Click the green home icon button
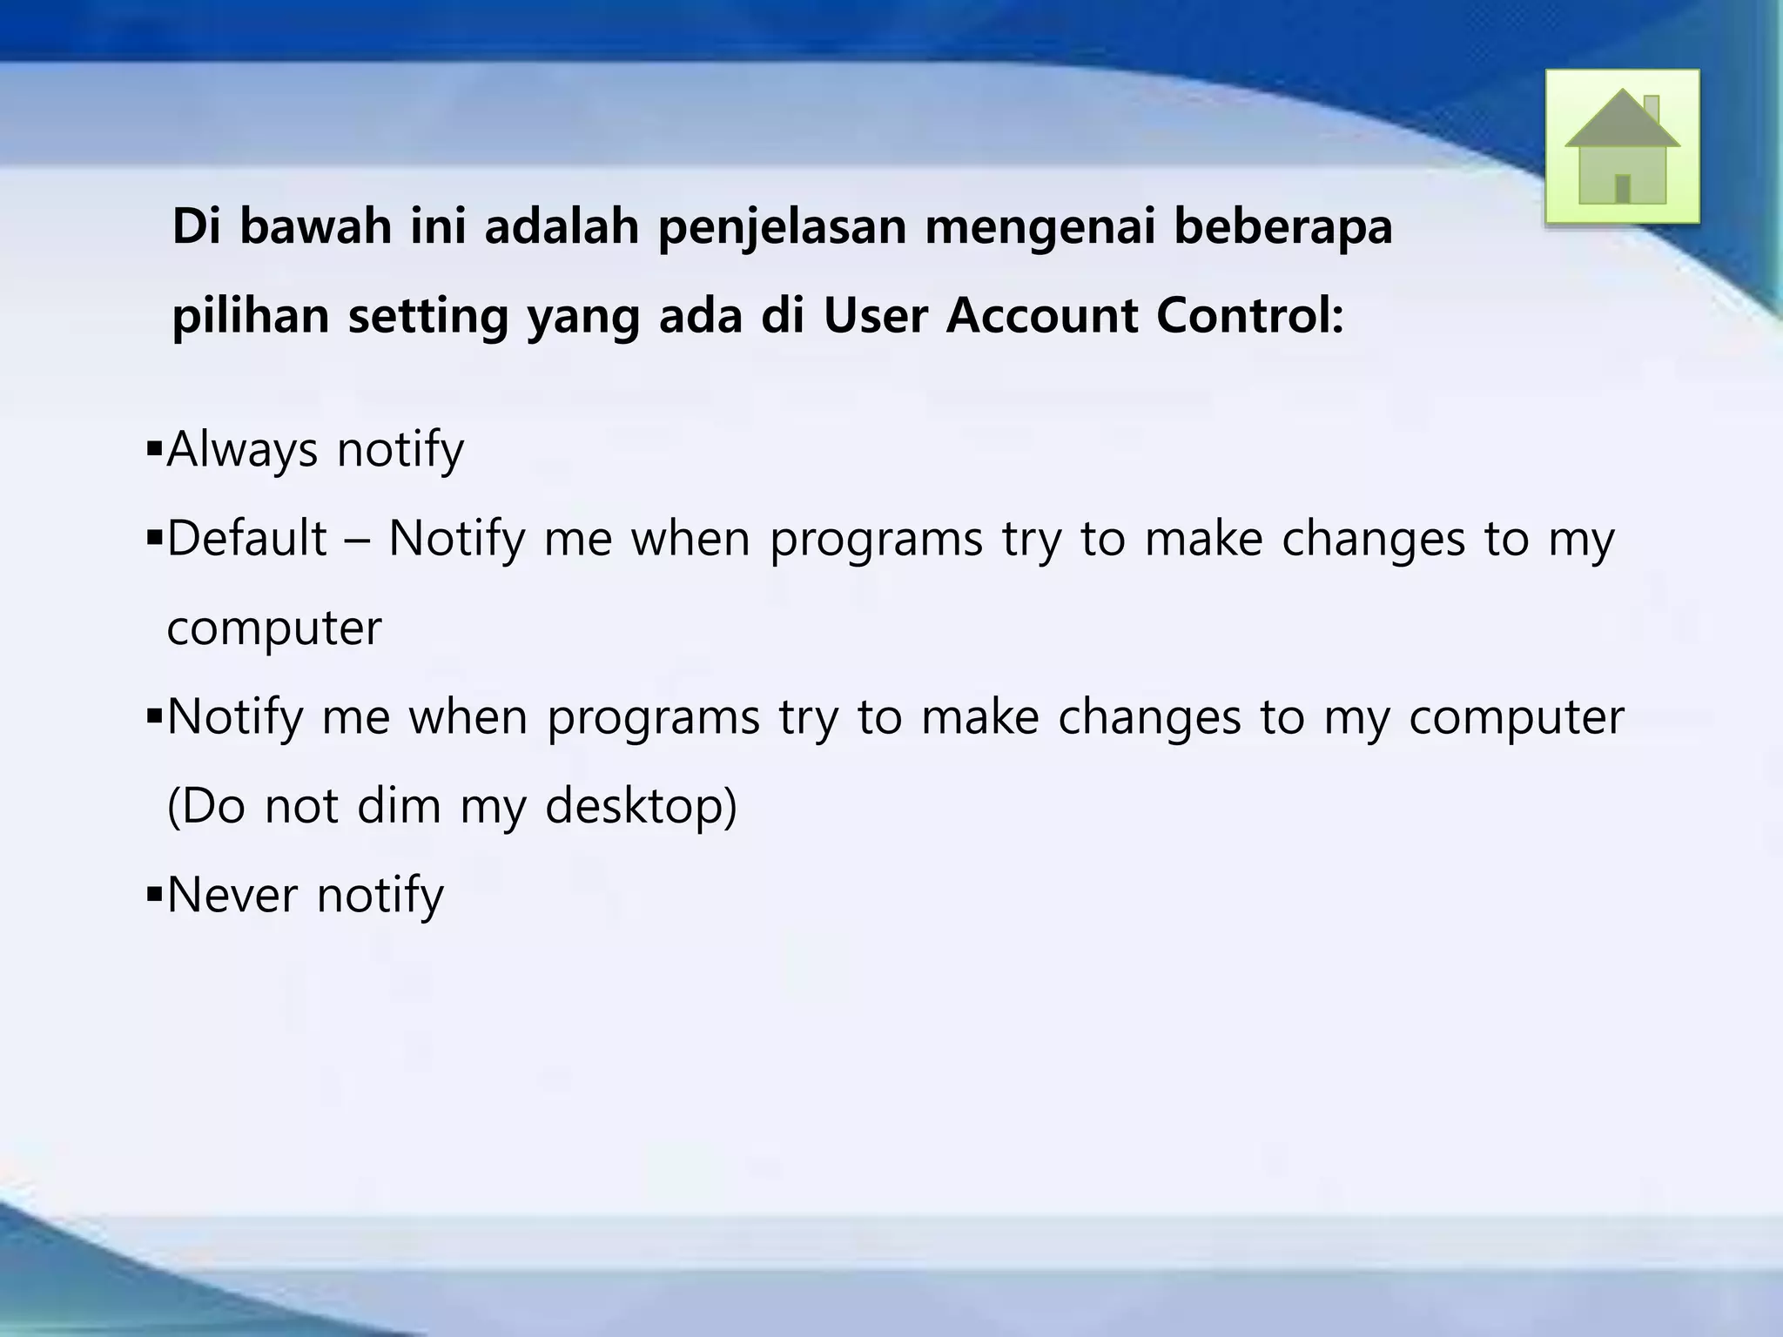(x=1622, y=146)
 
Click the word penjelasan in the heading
(x=781, y=228)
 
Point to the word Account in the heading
(x=1041, y=315)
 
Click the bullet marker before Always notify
(x=155, y=451)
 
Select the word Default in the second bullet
(x=246, y=539)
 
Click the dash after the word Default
(x=357, y=541)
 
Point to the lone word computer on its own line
(x=273, y=628)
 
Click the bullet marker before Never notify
(x=155, y=894)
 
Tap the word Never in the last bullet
(x=232, y=895)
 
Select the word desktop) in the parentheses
(x=641, y=806)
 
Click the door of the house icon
(x=1622, y=188)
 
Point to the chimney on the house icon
(x=1651, y=110)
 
